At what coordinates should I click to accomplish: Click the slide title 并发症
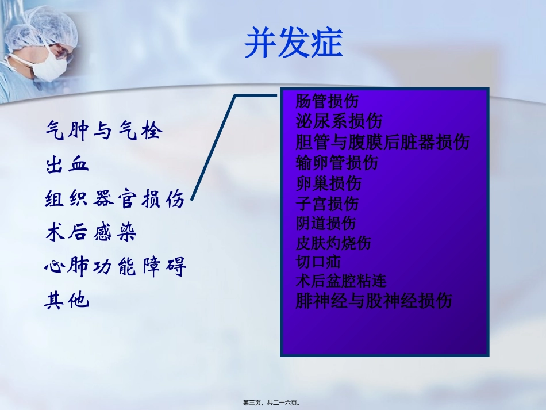[294, 43]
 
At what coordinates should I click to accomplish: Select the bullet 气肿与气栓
[104, 132]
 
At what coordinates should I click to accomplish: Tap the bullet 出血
[67, 166]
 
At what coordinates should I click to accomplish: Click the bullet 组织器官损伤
[115, 200]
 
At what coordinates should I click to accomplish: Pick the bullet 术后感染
[91, 233]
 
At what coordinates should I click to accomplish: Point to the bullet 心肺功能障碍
[116, 267]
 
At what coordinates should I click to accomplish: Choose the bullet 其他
[67, 301]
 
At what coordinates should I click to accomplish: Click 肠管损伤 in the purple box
[327, 102]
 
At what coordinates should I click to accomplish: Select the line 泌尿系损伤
[339, 121]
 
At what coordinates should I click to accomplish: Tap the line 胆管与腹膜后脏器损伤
[383, 142]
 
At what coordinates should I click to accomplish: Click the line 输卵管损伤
[337, 163]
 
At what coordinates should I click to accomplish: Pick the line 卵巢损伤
[329, 183]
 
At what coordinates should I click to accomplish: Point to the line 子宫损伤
[327, 204]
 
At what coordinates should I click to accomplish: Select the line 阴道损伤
[326, 223]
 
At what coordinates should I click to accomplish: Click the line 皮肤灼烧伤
[333, 243]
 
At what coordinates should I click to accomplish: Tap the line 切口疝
[318, 262]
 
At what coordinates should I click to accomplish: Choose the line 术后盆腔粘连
[341, 281]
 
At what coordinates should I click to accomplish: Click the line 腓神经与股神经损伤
[374, 301]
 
